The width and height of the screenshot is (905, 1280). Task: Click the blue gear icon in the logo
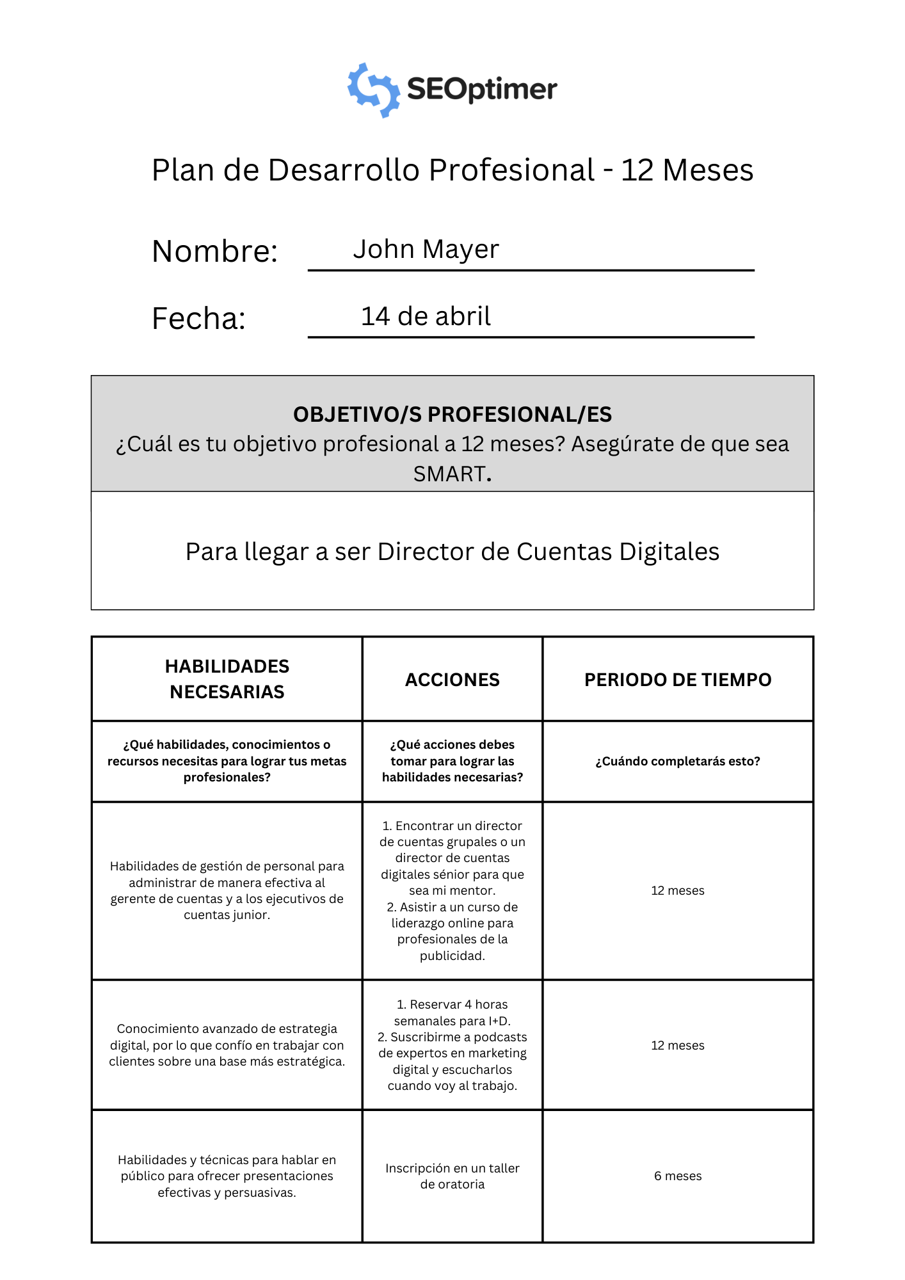(x=373, y=90)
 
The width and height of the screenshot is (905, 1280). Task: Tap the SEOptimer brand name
(x=482, y=90)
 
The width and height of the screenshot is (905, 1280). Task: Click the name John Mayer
(x=426, y=249)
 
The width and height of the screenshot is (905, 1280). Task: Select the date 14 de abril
(x=426, y=316)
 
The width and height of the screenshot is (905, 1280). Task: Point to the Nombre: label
(x=214, y=251)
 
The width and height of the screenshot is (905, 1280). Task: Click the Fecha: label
(x=198, y=318)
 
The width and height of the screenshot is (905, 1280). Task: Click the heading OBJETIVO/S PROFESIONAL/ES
(x=452, y=414)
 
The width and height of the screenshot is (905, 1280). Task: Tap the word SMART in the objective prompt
(x=449, y=474)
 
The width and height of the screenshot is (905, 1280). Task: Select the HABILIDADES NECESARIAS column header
(x=227, y=679)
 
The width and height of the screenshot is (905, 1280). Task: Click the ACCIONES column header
(x=452, y=680)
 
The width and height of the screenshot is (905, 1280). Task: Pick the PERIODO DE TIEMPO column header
(x=678, y=680)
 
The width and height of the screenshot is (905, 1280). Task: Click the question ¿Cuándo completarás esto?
(x=678, y=761)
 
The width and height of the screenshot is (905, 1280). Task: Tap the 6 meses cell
(x=678, y=1176)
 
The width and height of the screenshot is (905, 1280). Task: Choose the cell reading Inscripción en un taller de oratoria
(x=452, y=1176)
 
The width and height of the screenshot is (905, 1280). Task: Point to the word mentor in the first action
(x=473, y=890)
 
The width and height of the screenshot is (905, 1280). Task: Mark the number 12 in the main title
(x=637, y=170)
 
